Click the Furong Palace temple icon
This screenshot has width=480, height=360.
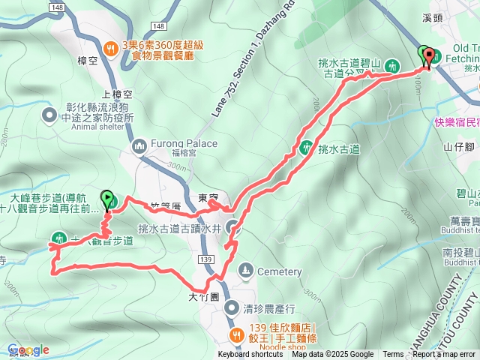pos(139,145)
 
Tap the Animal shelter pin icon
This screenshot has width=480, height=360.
pos(50,115)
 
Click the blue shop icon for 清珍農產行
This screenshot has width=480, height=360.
pos(229,306)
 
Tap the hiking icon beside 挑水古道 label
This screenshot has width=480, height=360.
pos(306,148)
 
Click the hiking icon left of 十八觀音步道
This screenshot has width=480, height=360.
pos(57,240)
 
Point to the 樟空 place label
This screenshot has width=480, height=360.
pos(88,60)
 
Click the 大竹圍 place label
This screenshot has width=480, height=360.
pos(203,297)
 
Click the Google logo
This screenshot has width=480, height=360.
pos(28,350)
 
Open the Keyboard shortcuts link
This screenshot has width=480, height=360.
pos(251,355)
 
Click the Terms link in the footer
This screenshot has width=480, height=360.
pos(393,355)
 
